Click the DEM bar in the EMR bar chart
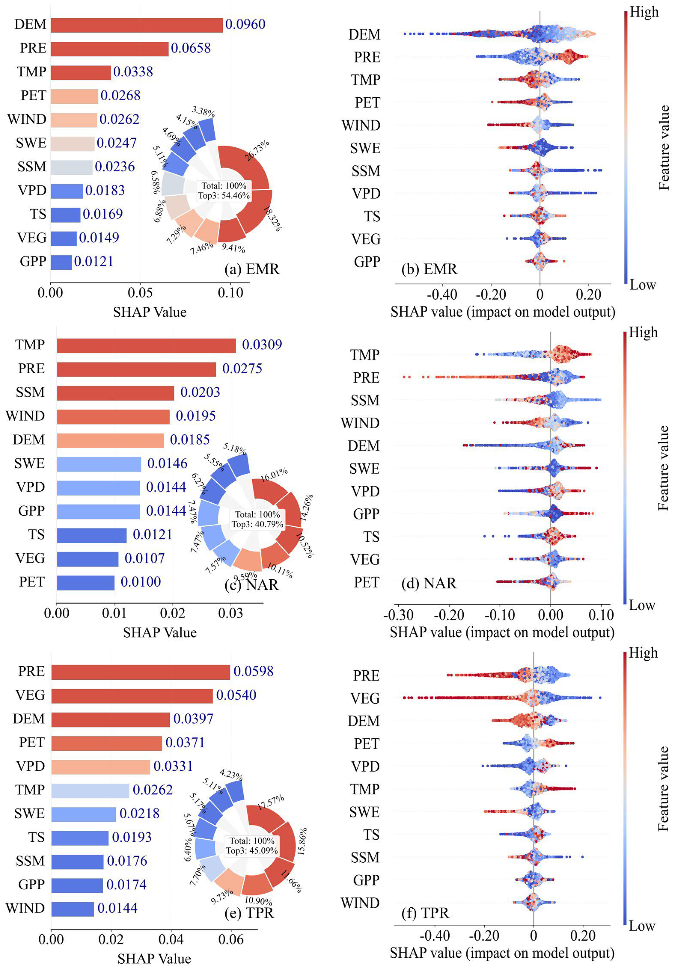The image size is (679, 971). tap(137, 25)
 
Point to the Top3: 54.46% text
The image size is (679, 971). tap(224, 195)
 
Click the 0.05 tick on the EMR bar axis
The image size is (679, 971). tap(140, 293)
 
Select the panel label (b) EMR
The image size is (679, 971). tap(429, 269)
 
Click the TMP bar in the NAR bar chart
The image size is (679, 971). tap(146, 346)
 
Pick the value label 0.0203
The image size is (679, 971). tap(200, 392)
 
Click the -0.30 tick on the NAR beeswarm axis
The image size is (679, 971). tap(398, 615)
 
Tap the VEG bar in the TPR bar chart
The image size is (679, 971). tap(132, 696)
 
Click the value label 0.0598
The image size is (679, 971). tap(253, 671)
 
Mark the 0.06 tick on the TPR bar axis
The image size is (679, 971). tap(231, 940)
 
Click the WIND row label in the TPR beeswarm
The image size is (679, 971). tap(360, 903)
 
